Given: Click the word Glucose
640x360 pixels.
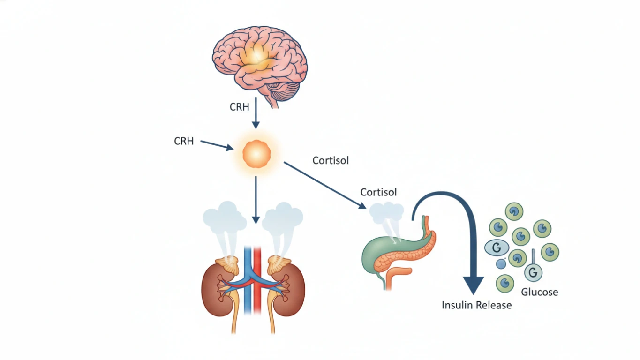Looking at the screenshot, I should point(540,292).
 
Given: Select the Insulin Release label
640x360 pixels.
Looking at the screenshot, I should point(476,305).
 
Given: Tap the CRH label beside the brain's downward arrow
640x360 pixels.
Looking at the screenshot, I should point(240,107).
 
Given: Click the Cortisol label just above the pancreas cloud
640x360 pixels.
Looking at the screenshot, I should point(378,192).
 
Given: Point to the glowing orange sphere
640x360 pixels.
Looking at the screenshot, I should point(256,153).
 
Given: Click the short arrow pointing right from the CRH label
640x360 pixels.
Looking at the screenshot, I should point(216,145).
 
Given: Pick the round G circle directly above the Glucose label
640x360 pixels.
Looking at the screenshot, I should point(533,272).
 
